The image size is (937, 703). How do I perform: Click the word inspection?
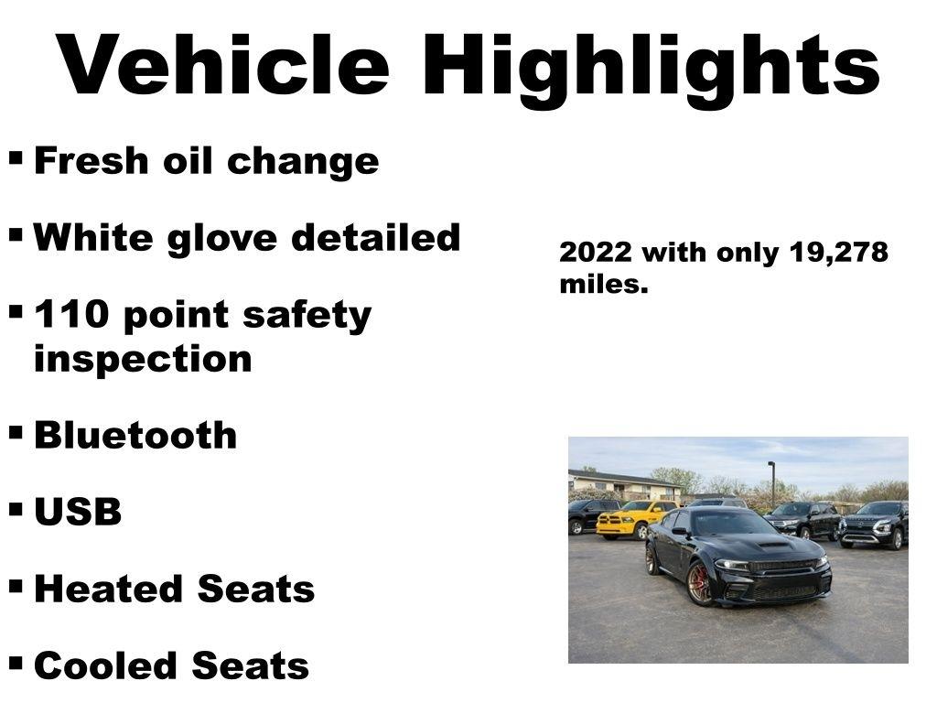(x=143, y=358)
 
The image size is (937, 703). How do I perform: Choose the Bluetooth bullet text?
(x=135, y=435)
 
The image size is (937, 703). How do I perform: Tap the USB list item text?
(x=78, y=513)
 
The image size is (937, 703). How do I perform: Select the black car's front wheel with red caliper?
(x=700, y=583)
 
